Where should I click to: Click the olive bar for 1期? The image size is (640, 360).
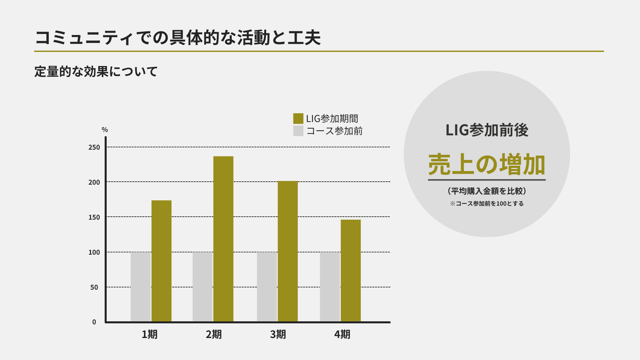tap(161, 261)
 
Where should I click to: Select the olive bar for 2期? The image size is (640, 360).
tap(223, 239)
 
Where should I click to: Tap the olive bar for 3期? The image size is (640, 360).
tap(288, 251)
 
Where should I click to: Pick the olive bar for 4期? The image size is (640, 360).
tap(351, 270)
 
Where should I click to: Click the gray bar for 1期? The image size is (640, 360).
tap(140, 287)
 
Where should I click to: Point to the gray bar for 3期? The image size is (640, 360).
tap(267, 287)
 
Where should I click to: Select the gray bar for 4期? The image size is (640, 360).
tap(330, 287)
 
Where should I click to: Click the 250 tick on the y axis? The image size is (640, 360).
tap(94, 148)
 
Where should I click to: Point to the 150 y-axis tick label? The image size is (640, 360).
tap(94, 218)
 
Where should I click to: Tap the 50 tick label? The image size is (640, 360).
tap(94, 287)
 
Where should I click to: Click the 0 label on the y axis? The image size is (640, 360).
tap(94, 322)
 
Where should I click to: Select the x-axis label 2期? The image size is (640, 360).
tap(214, 334)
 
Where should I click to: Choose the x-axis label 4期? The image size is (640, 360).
tap(342, 334)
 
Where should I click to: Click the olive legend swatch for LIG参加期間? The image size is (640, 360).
tap(298, 119)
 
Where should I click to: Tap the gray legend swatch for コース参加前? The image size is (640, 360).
tap(298, 131)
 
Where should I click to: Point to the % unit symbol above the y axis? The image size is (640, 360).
tap(105, 130)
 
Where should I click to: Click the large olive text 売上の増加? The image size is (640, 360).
tap(487, 165)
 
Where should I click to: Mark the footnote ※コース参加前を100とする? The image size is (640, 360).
tap(487, 204)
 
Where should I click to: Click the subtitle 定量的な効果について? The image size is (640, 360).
tap(96, 72)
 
